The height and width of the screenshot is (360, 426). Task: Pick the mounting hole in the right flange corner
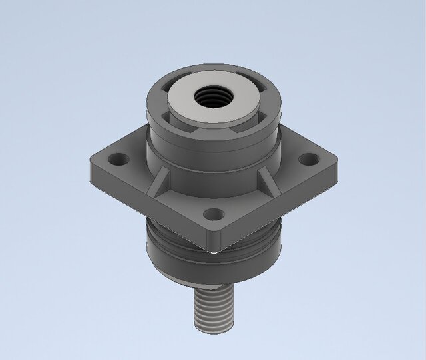pos(308,160)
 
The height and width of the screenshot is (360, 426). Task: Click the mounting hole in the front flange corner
pos(213,214)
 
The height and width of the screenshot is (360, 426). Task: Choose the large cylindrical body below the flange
pos(213,263)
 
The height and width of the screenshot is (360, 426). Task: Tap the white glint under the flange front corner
pos(212,252)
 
